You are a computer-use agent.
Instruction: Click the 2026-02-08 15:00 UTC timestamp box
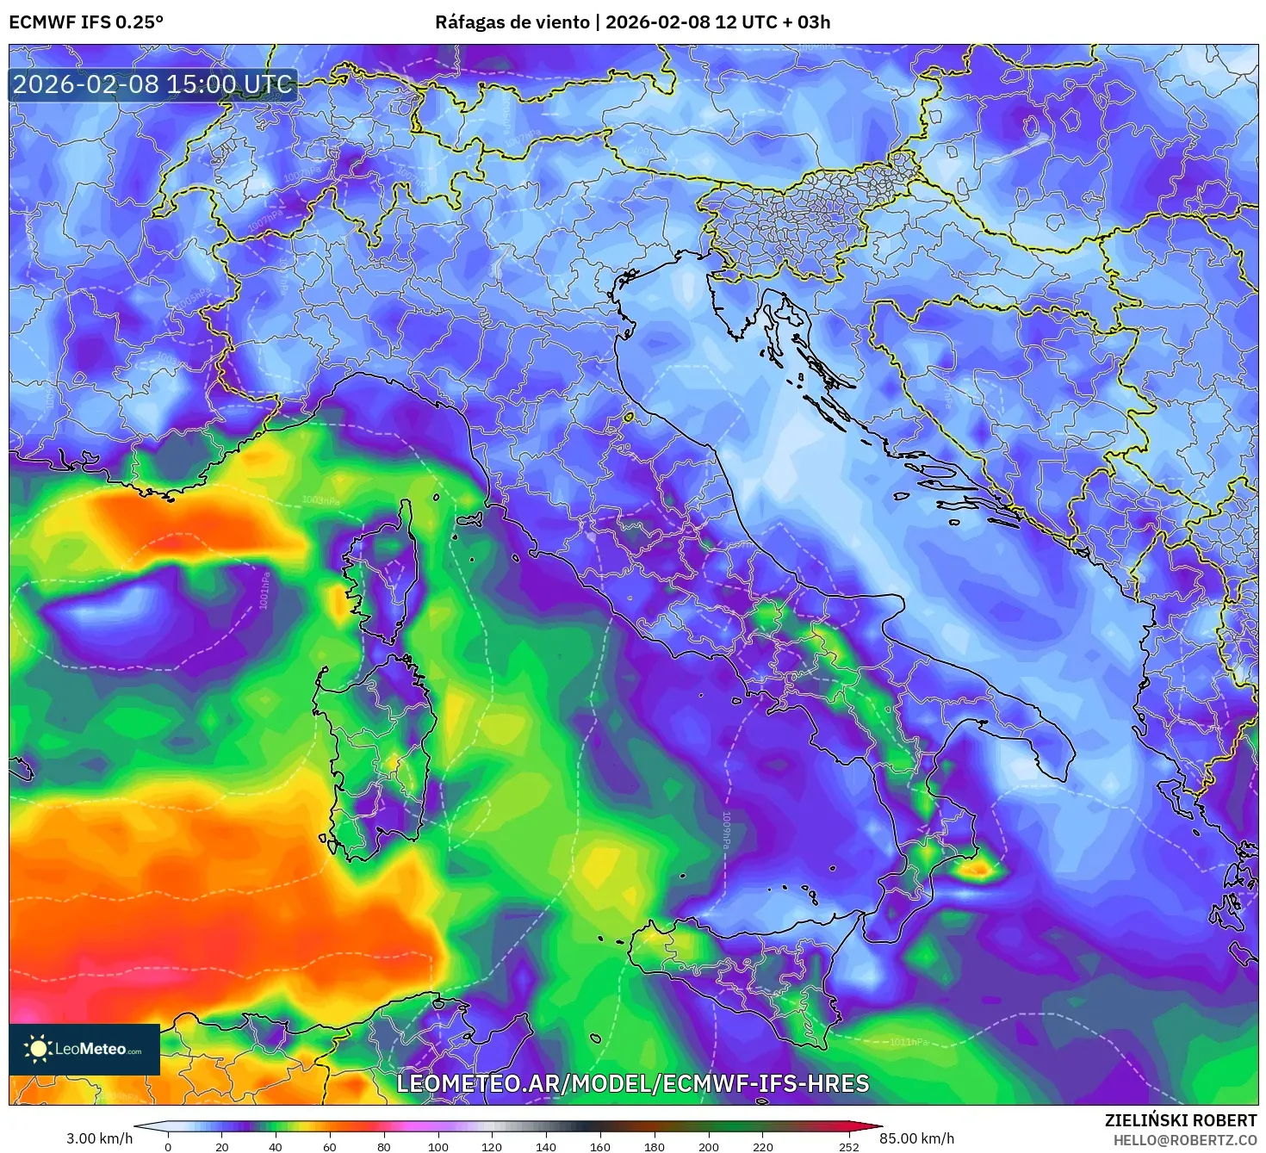coord(152,84)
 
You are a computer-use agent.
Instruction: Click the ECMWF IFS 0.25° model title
coord(86,22)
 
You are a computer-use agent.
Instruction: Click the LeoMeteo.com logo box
coord(84,1049)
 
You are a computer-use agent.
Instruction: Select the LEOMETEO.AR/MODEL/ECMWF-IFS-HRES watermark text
coord(632,1083)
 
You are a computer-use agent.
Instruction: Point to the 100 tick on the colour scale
coord(438,1146)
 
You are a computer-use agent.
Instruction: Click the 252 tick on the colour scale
coord(849,1146)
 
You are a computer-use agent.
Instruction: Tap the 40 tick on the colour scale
coord(276,1146)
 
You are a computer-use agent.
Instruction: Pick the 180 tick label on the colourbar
coord(655,1146)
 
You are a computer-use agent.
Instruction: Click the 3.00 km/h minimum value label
coord(100,1138)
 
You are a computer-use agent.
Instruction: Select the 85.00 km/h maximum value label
coord(916,1138)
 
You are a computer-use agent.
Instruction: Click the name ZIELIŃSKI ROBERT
coord(1181,1120)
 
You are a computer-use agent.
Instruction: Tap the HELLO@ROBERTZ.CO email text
coord(1185,1140)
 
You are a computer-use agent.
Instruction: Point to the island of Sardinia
coord(375,749)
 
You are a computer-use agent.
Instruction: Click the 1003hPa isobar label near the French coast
coord(320,501)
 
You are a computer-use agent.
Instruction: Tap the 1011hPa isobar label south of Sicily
coord(909,1042)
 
